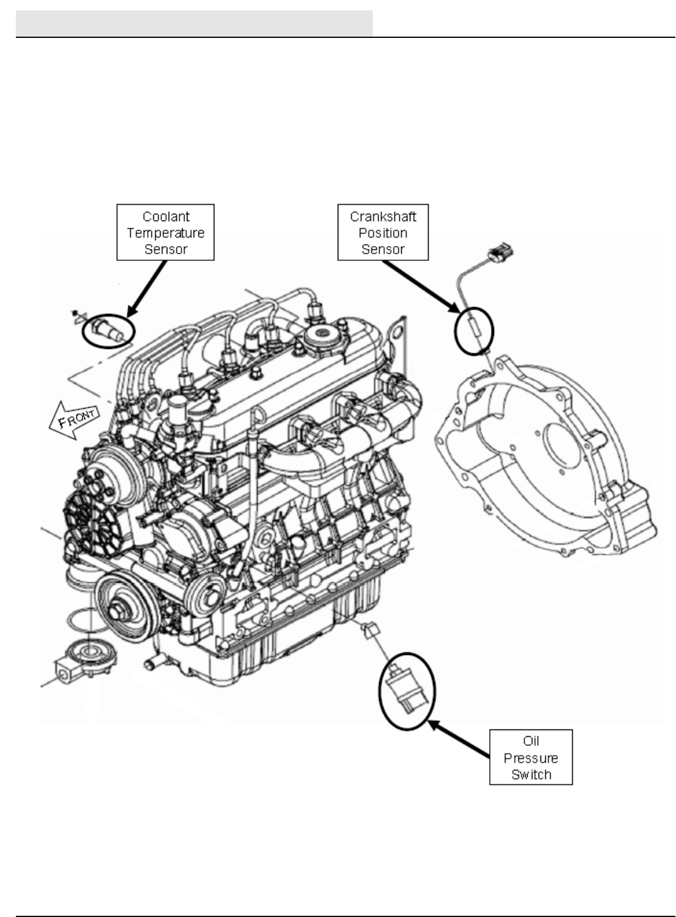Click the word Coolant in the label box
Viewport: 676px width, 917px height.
165,217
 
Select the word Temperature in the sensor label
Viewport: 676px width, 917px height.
165,233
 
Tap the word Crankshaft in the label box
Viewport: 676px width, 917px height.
383,217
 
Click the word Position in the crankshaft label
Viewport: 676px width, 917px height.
383,233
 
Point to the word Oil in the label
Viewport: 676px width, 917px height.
531,742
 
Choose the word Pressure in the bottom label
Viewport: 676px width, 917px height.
531,758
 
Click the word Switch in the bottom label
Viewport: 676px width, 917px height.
531,775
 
